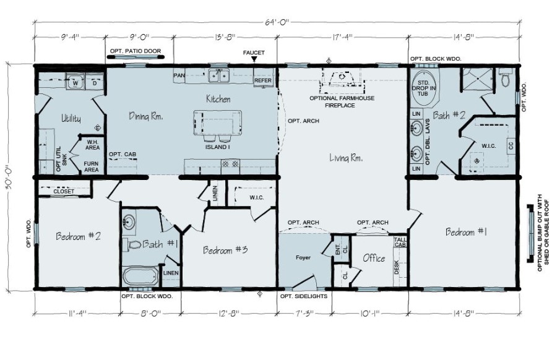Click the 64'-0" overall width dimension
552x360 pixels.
[x=277, y=22]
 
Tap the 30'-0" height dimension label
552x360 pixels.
[x=9, y=177]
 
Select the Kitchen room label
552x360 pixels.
[x=218, y=99]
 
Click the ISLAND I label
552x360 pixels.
[x=218, y=147]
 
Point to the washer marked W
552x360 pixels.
[x=75, y=82]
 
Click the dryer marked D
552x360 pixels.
[x=94, y=82]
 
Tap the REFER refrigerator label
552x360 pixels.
[x=263, y=80]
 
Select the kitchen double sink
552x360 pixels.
[x=218, y=76]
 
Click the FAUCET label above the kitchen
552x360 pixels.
[x=254, y=53]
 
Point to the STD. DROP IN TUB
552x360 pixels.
[x=423, y=88]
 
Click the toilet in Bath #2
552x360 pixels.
[x=505, y=80]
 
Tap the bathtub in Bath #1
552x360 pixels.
[x=140, y=276]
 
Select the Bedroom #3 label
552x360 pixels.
[x=225, y=250]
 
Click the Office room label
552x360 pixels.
[x=374, y=259]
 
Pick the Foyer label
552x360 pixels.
[x=303, y=257]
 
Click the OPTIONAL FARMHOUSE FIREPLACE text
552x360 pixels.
[x=342, y=101]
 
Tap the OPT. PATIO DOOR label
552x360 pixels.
[x=136, y=51]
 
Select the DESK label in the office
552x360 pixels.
[x=397, y=267]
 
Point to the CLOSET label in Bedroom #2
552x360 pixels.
[x=64, y=191]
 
